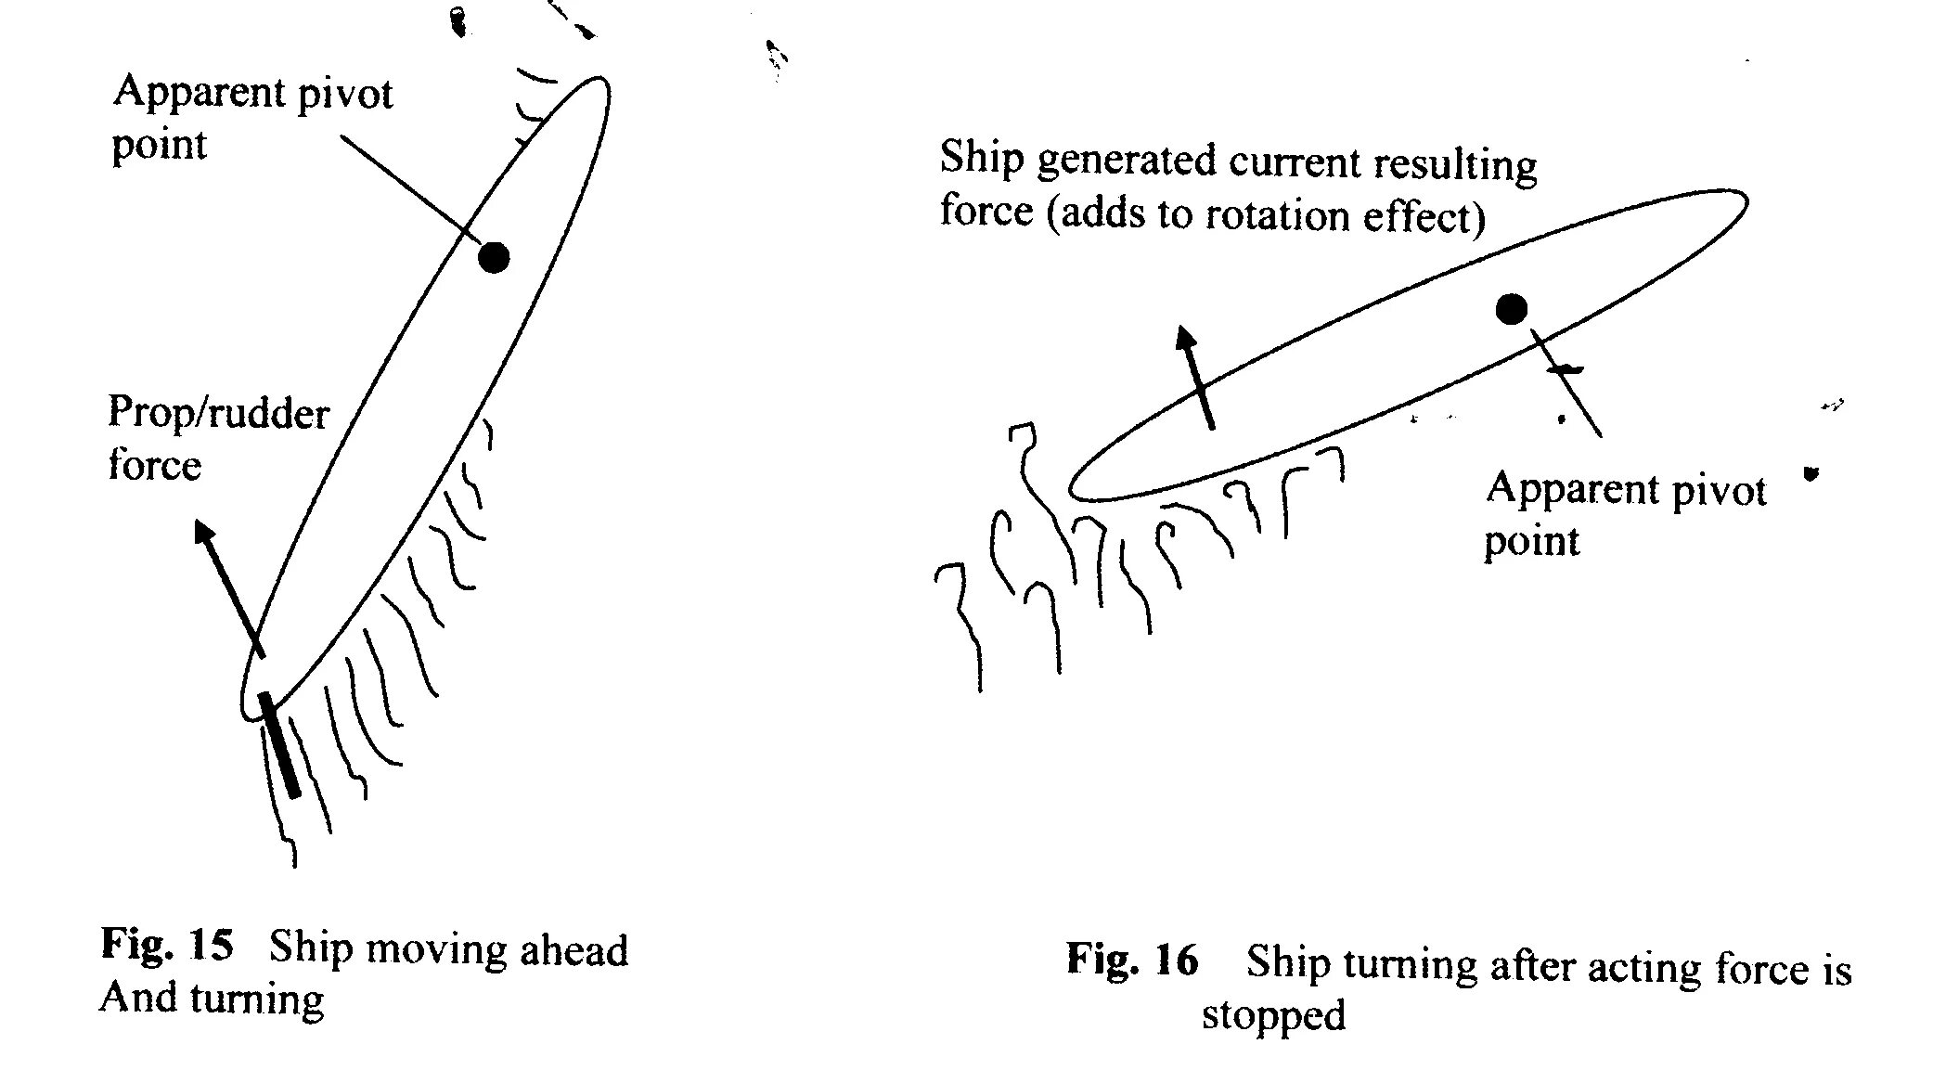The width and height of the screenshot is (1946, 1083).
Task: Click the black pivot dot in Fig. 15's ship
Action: (494, 256)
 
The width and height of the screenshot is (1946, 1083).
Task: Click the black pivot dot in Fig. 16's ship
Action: (1512, 309)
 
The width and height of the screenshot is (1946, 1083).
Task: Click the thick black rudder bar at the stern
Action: (280, 744)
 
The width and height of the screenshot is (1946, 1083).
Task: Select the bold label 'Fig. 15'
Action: (167, 945)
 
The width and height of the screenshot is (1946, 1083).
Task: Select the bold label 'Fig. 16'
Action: (1132, 960)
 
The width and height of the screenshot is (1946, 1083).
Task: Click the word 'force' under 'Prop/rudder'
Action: (154, 465)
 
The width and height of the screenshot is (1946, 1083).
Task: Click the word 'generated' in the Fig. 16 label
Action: (1125, 161)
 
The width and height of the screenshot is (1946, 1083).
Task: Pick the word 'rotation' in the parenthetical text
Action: (1279, 216)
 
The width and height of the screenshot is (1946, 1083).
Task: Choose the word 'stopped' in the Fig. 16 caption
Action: (1273, 1015)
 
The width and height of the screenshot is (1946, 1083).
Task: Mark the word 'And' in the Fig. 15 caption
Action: (137, 998)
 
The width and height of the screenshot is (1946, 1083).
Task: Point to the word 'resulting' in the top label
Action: (1454, 166)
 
